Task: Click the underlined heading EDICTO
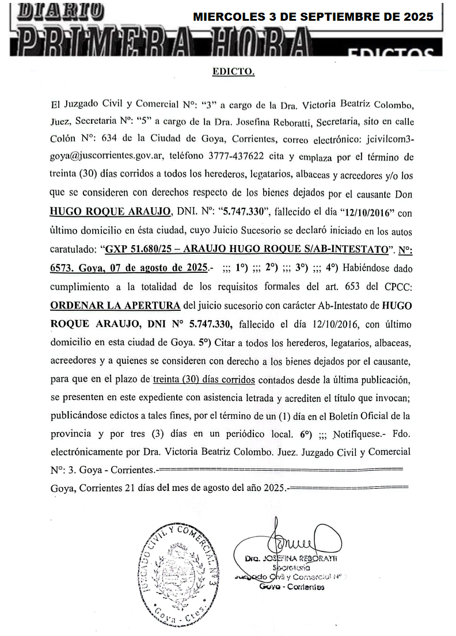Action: [x=233, y=72]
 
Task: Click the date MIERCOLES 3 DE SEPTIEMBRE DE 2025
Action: [x=313, y=17]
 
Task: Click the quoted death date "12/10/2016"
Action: [x=364, y=212]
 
